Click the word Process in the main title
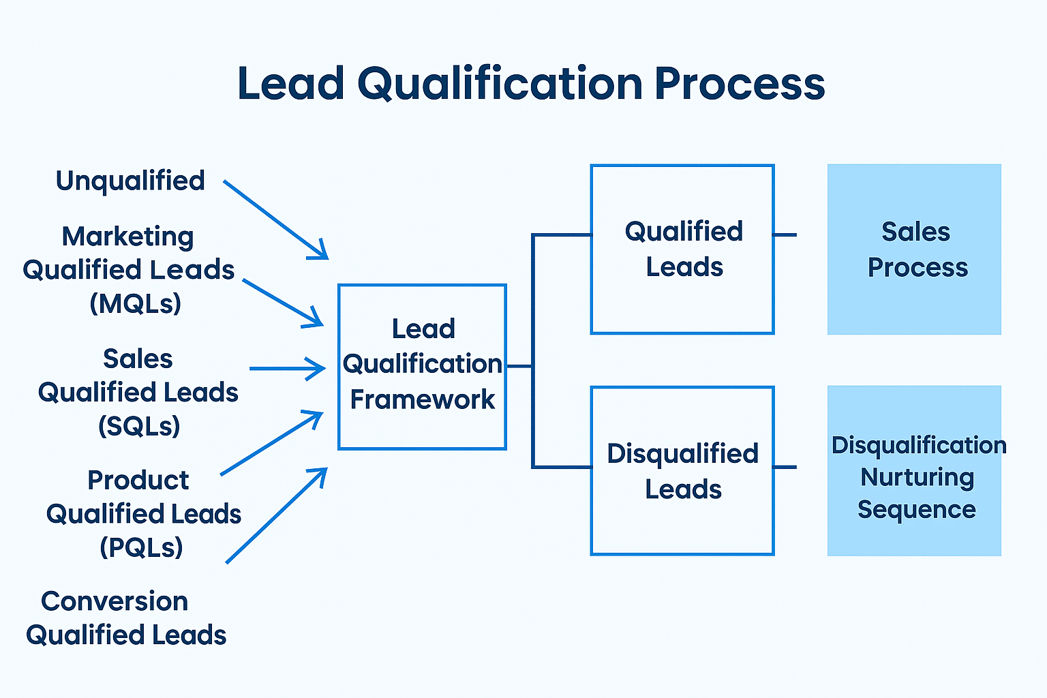coord(740,84)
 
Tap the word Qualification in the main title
coord(499,84)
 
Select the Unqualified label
coord(130,181)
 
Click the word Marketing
coord(128,237)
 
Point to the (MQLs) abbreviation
coord(136,303)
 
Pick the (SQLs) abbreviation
coord(139,426)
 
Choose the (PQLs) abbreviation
coord(142,547)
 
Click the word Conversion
coord(115,601)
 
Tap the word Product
coord(138,480)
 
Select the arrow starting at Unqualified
coord(276,219)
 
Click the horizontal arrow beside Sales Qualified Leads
coord(287,369)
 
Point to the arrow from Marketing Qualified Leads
coord(282,303)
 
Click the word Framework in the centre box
coord(423,399)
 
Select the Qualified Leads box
coord(682,249)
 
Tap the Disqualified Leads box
coord(682,471)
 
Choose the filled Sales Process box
coord(914,249)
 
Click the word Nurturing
coord(917,477)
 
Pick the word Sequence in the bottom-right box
coord(916,509)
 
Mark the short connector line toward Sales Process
coord(785,234)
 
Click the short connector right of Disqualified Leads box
coord(785,467)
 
